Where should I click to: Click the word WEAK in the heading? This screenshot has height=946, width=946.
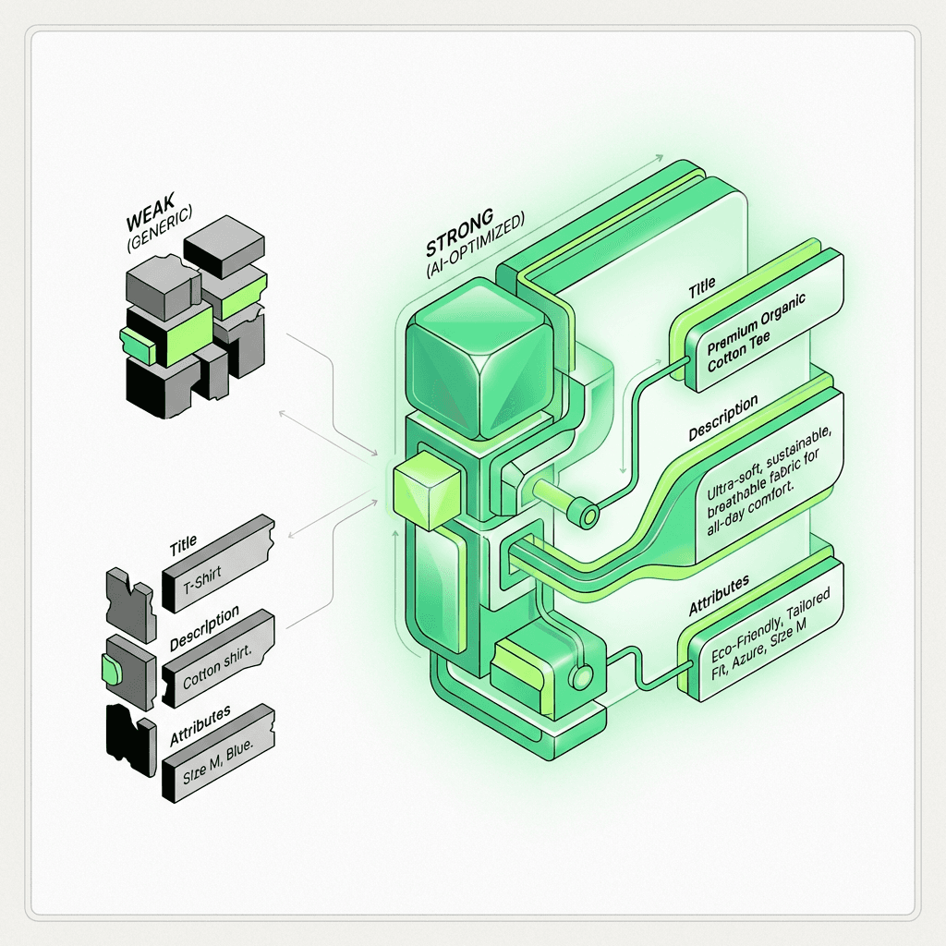pyautogui.click(x=151, y=212)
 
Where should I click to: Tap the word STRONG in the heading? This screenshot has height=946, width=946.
pyautogui.click(x=460, y=232)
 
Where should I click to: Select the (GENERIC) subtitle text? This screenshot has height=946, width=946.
pyautogui.click(x=160, y=227)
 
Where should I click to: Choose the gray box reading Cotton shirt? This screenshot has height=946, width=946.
pyautogui.click(x=218, y=658)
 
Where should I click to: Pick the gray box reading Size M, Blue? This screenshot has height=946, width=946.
pyautogui.click(x=218, y=753)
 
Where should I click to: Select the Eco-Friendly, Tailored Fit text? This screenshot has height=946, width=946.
pyautogui.click(x=770, y=633)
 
